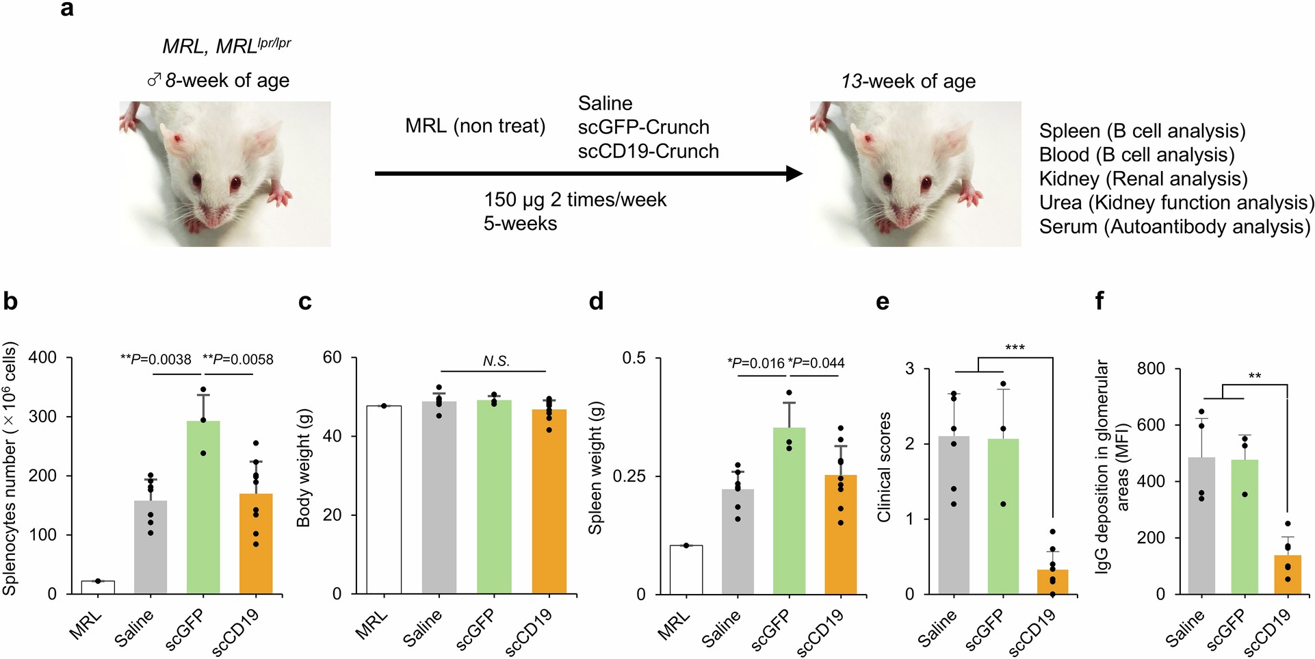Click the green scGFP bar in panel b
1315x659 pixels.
[203, 506]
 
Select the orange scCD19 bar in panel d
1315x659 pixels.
[841, 534]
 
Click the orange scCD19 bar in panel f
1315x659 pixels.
[1288, 575]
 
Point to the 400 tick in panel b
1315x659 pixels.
[42, 358]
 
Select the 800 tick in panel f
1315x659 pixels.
[1151, 369]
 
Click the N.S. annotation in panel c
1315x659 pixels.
[496, 361]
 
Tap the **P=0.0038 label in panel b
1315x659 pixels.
[156, 359]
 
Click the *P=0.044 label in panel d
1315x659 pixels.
[816, 363]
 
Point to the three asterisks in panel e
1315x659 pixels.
[1015, 348]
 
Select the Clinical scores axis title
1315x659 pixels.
[884, 467]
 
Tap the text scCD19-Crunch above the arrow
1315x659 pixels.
[648, 151]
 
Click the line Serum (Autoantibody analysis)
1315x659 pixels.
[1174, 227]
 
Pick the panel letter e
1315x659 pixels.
[883, 302]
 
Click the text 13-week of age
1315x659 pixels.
[908, 81]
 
